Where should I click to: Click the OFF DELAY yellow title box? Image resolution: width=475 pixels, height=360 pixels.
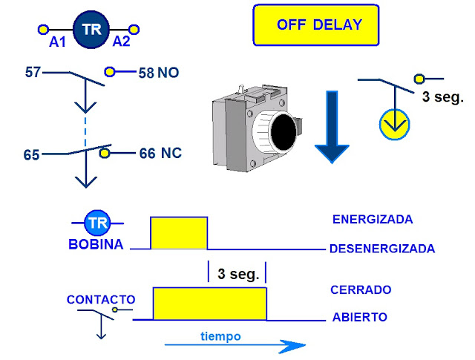315,24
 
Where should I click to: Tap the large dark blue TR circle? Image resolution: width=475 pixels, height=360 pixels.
91,30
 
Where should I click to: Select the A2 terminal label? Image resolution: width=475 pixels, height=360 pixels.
121,42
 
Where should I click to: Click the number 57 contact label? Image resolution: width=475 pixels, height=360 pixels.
32,72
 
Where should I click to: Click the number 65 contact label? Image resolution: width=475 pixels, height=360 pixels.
31,155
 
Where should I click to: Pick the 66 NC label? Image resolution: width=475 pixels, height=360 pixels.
160,154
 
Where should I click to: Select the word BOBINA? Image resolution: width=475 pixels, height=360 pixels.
96,244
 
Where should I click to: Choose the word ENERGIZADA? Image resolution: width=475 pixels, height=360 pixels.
373,220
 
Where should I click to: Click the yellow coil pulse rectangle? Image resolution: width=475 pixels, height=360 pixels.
179,233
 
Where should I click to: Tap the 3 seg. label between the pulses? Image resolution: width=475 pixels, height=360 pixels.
238,274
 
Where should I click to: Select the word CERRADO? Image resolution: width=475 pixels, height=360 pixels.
362,289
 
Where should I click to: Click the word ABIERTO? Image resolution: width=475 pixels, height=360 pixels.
360,317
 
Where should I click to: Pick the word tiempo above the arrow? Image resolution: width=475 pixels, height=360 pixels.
220,336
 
